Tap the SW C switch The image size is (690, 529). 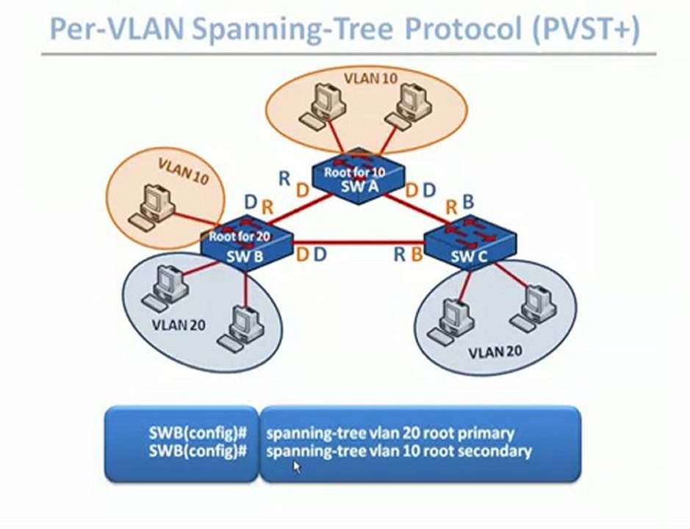coord(470,245)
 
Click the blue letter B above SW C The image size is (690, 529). coord(468,201)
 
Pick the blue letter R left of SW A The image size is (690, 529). coord(284,177)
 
